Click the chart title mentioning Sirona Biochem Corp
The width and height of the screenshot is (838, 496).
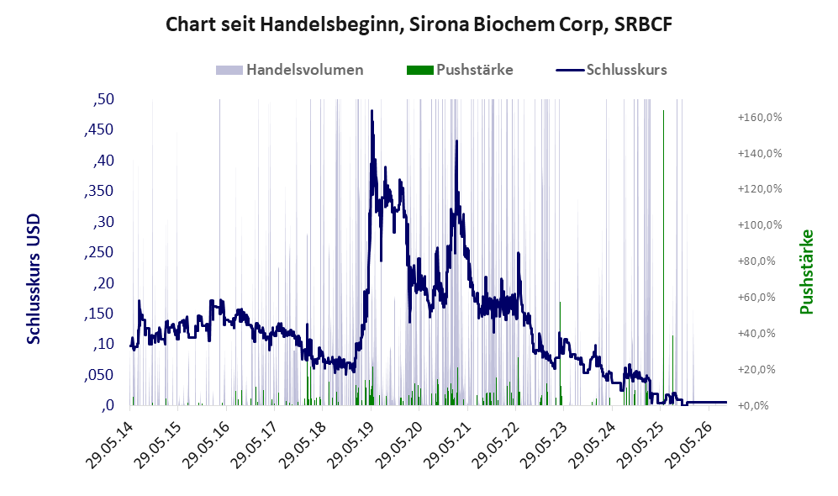pyautogui.click(x=419, y=24)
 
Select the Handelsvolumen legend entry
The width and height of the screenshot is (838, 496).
pyautogui.click(x=290, y=70)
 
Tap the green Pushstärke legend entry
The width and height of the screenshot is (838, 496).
pyautogui.click(x=460, y=70)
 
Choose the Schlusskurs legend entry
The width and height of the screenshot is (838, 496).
pyautogui.click(x=611, y=70)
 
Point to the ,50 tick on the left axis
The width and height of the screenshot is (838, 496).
pyautogui.click(x=103, y=99)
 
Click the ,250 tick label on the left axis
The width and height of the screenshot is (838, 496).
pyautogui.click(x=99, y=252)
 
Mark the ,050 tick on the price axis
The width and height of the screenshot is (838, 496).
pyautogui.click(x=99, y=375)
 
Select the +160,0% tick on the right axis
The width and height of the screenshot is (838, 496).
pyautogui.click(x=760, y=117)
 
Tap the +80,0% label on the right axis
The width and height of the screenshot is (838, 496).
pyautogui.click(x=756, y=261)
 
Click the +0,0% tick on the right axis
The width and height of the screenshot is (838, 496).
pyautogui.click(x=753, y=406)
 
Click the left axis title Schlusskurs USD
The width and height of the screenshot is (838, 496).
pyautogui.click(x=34, y=279)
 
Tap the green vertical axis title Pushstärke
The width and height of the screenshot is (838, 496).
pyautogui.click(x=806, y=272)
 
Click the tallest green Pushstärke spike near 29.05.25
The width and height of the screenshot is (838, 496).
pyautogui.click(x=664, y=256)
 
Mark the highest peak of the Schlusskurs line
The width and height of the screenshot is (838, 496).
pyautogui.click(x=372, y=111)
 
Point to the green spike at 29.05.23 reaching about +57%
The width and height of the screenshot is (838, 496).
pyautogui.click(x=560, y=353)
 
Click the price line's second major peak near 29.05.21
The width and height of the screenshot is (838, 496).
pyautogui.click(x=457, y=141)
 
